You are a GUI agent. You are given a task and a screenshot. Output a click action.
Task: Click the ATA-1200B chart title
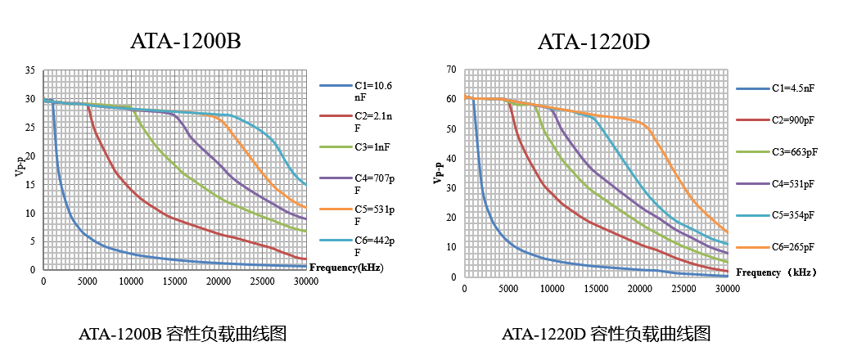(x=185, y=42)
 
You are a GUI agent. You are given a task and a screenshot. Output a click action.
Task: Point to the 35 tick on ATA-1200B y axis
(x=30, y=72)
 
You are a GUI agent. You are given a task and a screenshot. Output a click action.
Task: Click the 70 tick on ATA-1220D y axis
(x=450, y=70)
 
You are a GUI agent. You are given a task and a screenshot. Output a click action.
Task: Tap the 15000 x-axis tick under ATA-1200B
(x=174, y=281)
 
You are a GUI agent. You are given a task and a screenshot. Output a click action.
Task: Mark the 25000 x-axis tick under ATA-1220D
(x=684, y=288)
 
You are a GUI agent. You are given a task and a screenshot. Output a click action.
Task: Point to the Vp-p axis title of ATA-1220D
(x=439, y=173)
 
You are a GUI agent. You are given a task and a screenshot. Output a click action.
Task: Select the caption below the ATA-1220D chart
(x=606, y=334)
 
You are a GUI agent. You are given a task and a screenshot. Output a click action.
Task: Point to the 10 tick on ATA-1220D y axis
(x=450, y=247)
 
